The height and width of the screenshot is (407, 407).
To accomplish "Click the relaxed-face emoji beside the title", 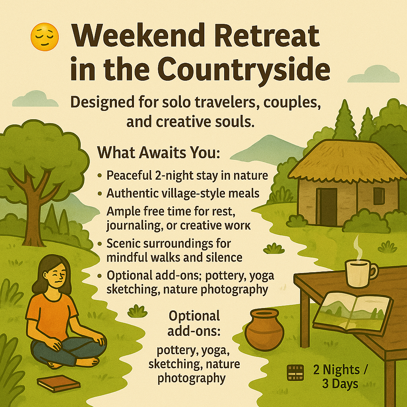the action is [45, 37].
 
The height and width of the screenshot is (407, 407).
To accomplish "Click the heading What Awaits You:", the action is [159, 153].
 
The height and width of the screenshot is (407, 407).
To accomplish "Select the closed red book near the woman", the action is [58, 384].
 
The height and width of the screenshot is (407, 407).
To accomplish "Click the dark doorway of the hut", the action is [327, 207].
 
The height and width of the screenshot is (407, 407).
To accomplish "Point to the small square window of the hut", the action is [379, 196].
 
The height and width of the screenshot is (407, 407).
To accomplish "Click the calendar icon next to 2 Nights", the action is [295, 372].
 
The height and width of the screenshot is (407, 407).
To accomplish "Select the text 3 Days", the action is [340, 384].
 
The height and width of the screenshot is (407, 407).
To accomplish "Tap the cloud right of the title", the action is [373, 74].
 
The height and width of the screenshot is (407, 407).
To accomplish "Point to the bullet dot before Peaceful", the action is [99, 175].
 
